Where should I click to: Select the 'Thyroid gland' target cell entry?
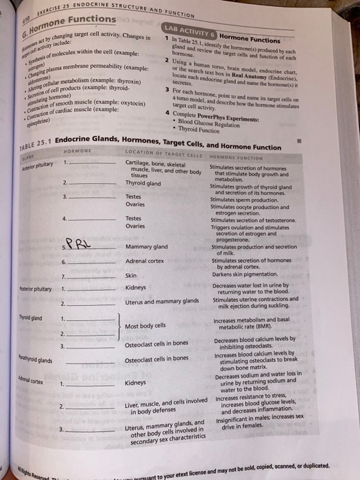(x=143, y=183)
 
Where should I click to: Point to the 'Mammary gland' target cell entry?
(x=147, y=247)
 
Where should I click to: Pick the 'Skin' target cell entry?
(x=132, y=275)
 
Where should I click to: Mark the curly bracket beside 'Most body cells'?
(x=121, y=326)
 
